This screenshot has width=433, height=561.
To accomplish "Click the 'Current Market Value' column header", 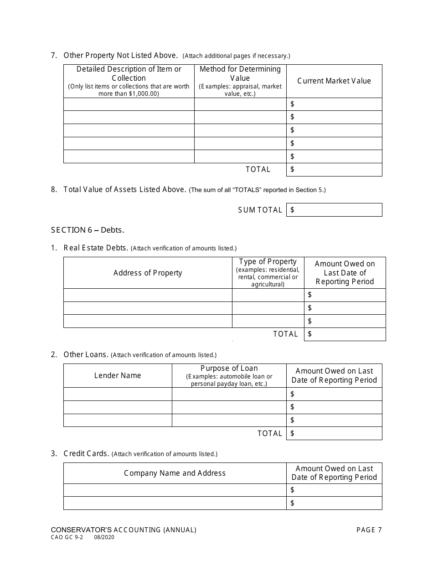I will click(334, 81).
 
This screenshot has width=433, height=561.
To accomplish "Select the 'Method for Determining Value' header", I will click(240, 81).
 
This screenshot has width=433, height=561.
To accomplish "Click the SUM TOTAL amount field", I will click(334, 210).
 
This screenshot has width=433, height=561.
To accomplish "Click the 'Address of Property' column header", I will click(148, 273).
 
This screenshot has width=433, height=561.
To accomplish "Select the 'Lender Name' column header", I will click(118, 375).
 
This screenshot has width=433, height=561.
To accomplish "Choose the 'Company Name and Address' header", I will click(175, 473).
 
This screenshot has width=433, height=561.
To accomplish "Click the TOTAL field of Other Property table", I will click(334, 170).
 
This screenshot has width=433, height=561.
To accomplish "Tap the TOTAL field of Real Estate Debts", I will click(345, 334).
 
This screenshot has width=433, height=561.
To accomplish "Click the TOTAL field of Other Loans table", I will click(334, 433).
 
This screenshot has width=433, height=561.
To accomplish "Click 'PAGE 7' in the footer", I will click(369, 530).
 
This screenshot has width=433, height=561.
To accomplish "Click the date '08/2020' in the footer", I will click(104, 538).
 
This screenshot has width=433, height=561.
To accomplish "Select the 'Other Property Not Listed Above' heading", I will click(120, 56).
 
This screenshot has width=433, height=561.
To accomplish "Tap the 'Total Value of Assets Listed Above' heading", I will click(125, 190).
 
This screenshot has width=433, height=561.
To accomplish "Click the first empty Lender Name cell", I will click(118, 394).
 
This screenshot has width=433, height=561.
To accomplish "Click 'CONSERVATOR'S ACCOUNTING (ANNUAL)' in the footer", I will click(124, 530).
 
